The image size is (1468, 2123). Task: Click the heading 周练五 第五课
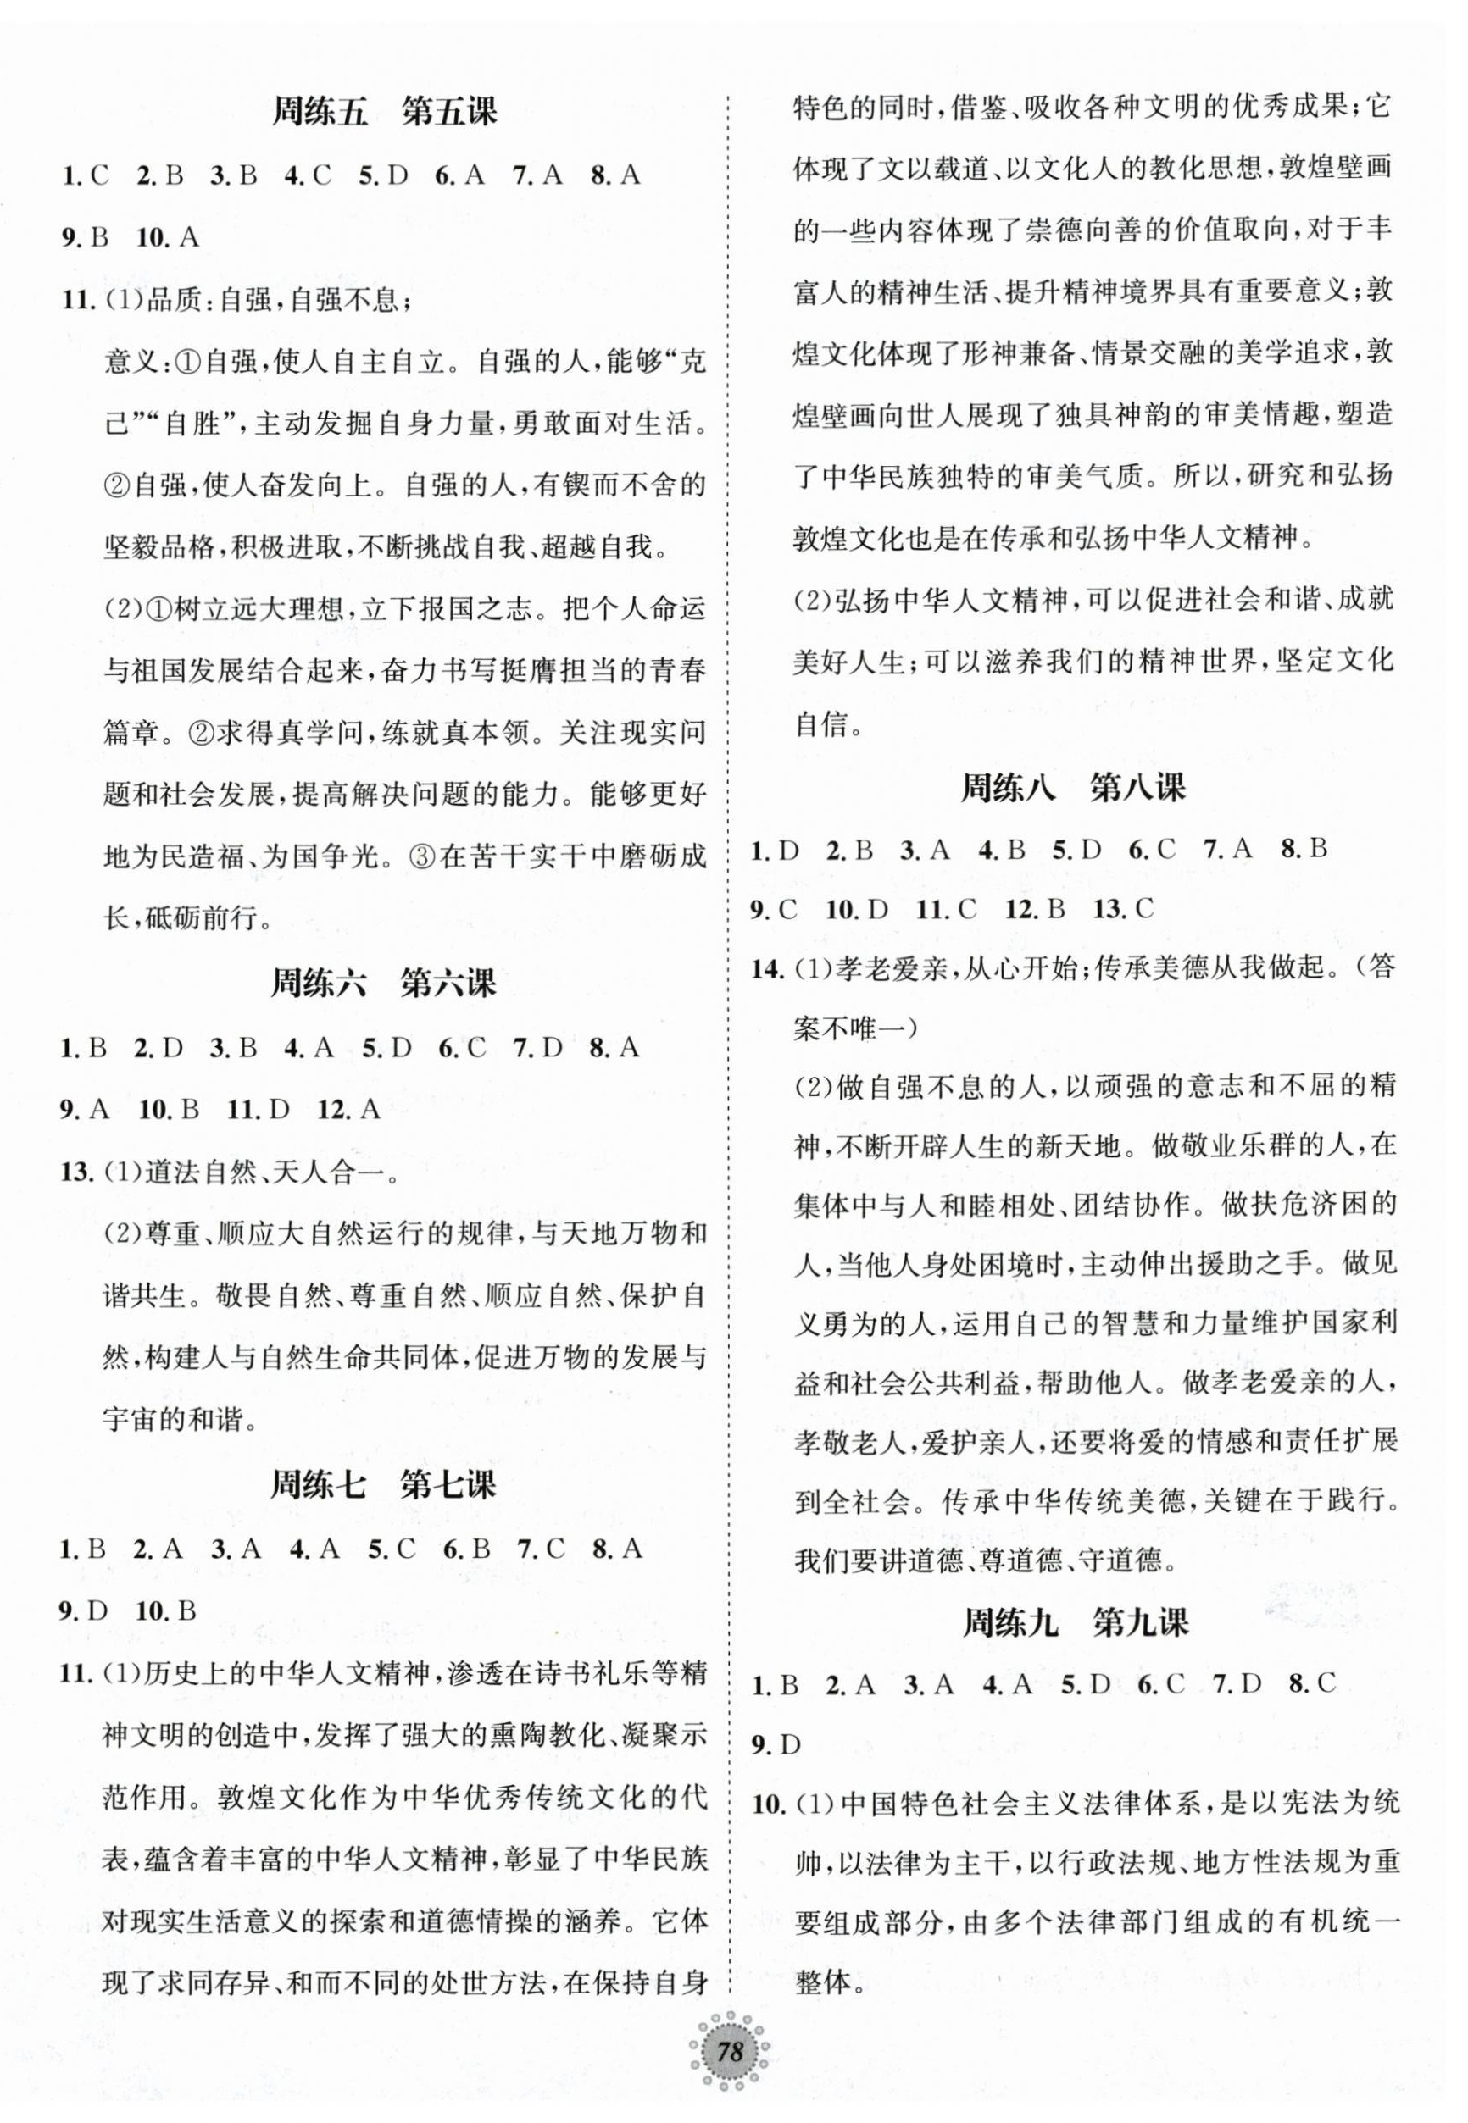coord(386,112)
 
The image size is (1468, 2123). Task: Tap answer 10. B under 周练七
coord(166,1610)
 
